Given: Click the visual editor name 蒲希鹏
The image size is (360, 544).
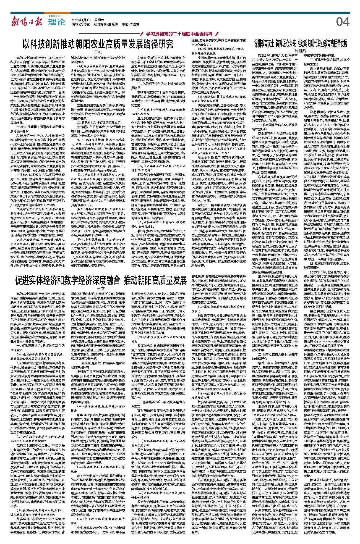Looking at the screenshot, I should pyautogui.click(x=112, y=25).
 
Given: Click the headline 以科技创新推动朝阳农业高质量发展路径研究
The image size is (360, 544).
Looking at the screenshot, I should pyautogui.click(x=98, y=44).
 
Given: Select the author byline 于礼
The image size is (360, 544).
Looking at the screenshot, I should pyautogui.click(x=98, y=52).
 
